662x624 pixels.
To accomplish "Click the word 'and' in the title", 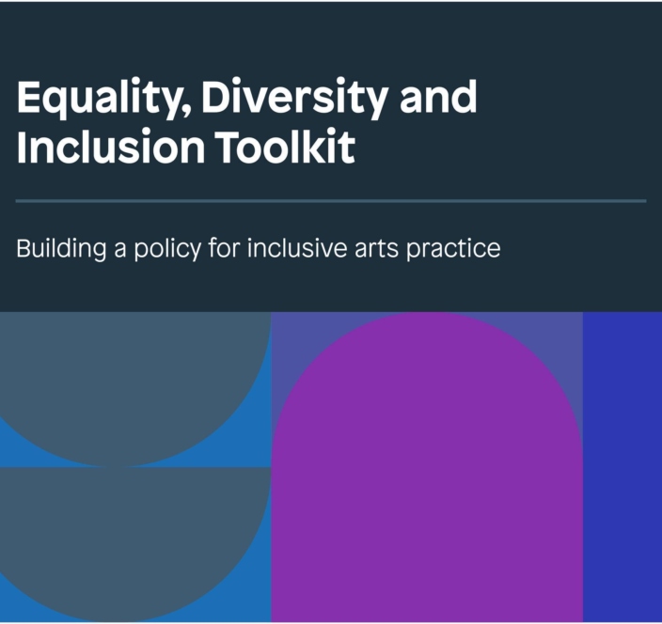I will [x=438, y=97].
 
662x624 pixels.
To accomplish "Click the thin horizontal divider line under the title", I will [x=331, y=201].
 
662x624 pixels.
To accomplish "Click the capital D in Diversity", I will [x=209, y=99].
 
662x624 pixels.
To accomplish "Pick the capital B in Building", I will [x=23, y=250].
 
